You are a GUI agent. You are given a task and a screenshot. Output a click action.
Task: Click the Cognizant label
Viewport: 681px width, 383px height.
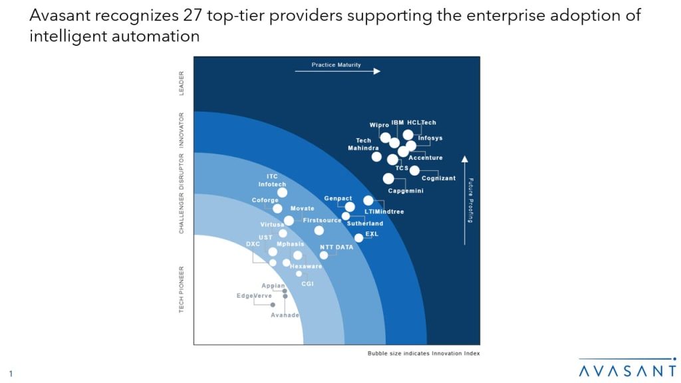(x=438, y=178)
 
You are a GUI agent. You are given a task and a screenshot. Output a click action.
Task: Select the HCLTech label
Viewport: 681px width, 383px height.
(x=422, y=123)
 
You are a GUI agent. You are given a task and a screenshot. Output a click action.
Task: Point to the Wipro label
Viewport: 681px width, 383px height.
(x=379, y=125)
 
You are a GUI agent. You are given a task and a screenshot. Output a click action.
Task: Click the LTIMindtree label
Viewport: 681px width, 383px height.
(x=384, y=212)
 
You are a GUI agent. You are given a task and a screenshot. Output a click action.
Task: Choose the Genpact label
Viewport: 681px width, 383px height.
(x=337, y=199)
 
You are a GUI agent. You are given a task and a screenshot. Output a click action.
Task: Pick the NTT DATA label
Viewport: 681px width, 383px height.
(x=337, y=247)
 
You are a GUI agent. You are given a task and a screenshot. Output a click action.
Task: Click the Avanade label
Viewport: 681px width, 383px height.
(x=285, y=315)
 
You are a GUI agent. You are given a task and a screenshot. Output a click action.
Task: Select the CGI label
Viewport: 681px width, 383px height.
(x=307, y=284)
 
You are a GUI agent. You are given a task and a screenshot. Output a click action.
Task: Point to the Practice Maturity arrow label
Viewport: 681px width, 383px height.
(x=336, y=65)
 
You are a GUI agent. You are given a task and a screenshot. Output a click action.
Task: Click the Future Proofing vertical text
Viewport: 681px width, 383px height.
(x=470, y=200)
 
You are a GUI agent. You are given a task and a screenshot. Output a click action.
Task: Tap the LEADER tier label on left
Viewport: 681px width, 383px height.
(x=182, y=83)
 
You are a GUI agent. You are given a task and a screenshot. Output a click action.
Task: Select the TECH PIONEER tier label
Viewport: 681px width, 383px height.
(x=182, y=290)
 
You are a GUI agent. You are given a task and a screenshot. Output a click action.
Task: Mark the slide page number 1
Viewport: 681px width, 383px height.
(x=11, y=374)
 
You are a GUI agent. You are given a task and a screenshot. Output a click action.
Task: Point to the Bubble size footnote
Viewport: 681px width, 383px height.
(x=424, y=353)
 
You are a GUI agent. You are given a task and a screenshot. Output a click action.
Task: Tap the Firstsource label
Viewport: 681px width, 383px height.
(x=322, y=220)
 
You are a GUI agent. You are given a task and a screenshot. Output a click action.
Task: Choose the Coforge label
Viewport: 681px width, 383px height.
(x=265, y=200)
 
